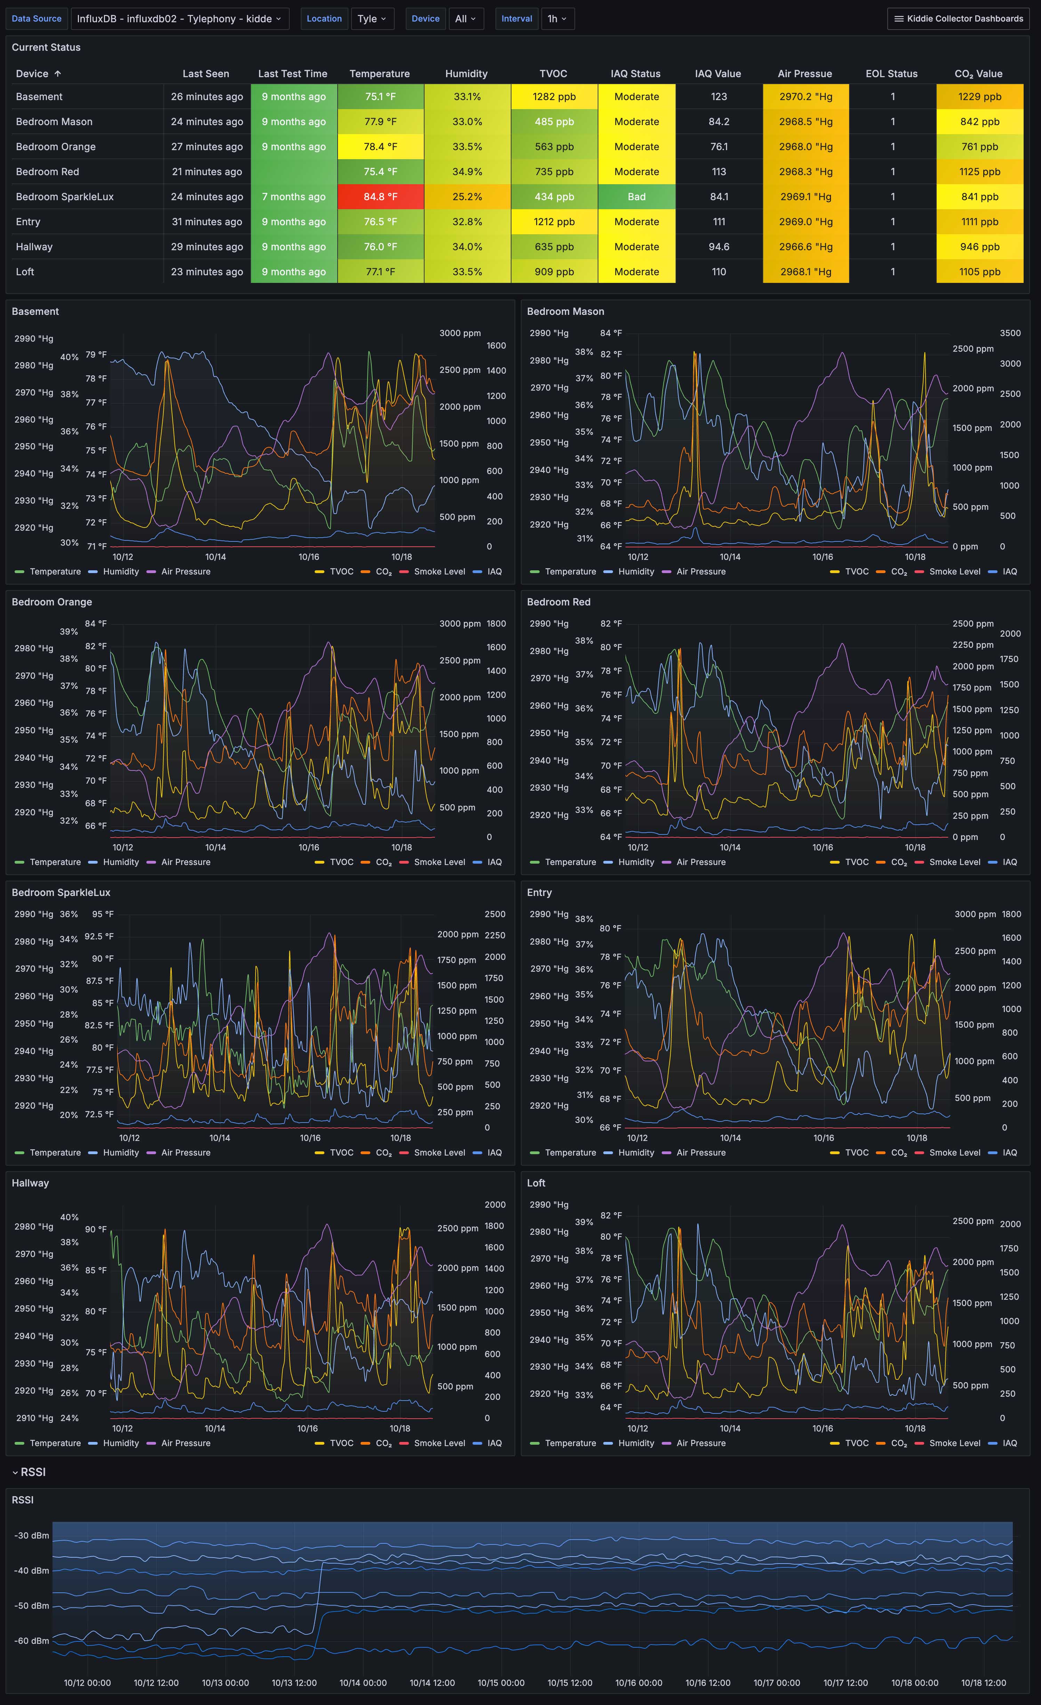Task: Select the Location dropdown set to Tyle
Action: (x=372, y=19)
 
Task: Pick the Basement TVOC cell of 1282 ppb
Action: (x=554, y=97)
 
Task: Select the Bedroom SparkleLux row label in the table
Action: (x=64, y=196)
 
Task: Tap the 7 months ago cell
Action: (x=293, y=196)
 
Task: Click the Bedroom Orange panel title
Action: (x=52, y=602)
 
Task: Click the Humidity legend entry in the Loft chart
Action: (x=635, y=1443)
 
